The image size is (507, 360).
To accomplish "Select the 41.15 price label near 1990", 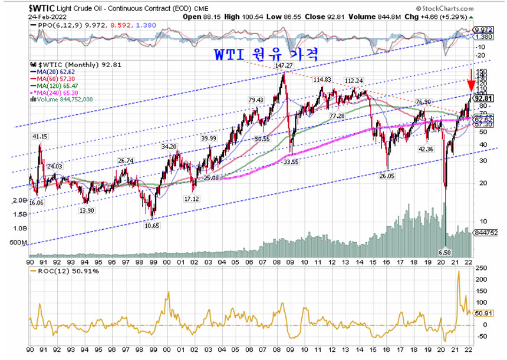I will coord(39,137).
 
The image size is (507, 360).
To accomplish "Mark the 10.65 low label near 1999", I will coord(152,225).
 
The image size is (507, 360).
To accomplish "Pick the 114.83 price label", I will coord(321,80).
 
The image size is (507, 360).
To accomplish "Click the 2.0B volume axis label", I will coord(19,200).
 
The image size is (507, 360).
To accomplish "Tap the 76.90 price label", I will coord(424,102).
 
